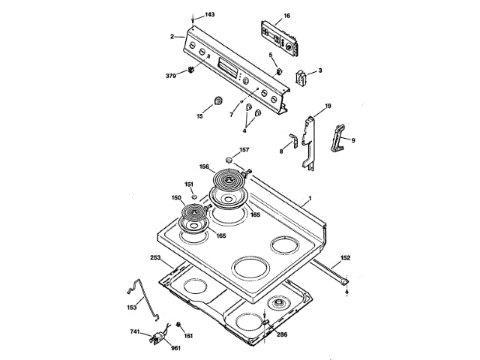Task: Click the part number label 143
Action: coord(209,15)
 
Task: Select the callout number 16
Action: coord(286,15)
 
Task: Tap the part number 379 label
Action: coord(170,76)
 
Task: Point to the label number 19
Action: coord(327,106)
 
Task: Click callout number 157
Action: coord(244,150)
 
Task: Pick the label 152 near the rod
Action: coord(345,257)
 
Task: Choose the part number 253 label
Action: coord(155,257)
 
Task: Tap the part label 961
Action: coord(175,349)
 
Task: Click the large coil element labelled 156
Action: coord(229,180)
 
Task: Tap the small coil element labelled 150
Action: coord(194,220)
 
